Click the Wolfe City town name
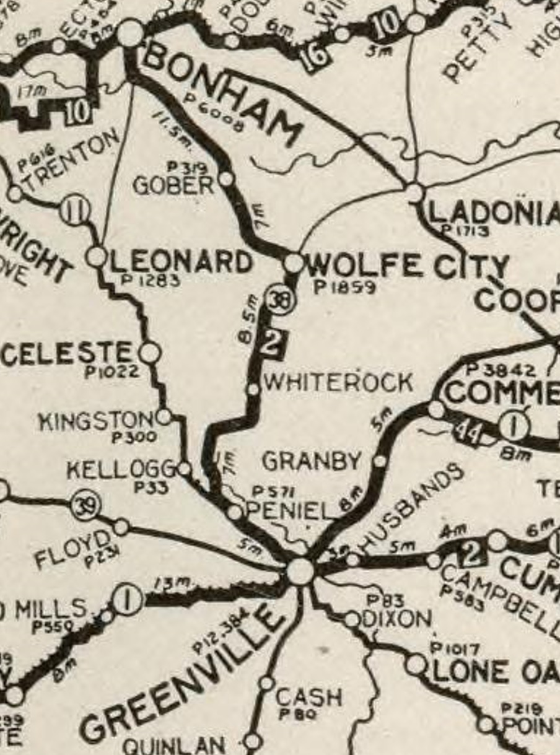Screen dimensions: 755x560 (x=408, y=266)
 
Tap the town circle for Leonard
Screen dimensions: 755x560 (x=97, y=256)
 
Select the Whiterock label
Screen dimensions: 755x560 (x=338, y=382)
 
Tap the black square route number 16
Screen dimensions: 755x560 (x=315, y=58)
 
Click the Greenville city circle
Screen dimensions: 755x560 (x=300, y=571)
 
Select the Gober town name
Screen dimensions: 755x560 (x=173, y=185)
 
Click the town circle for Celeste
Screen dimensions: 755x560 (x=149, y=353)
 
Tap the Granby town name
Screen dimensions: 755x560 (x=311, y=461)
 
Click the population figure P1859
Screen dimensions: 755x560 (x=345, y=287)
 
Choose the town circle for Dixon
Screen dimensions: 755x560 (x=351, y=619)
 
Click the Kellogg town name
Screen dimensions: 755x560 (x=121, y=470)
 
